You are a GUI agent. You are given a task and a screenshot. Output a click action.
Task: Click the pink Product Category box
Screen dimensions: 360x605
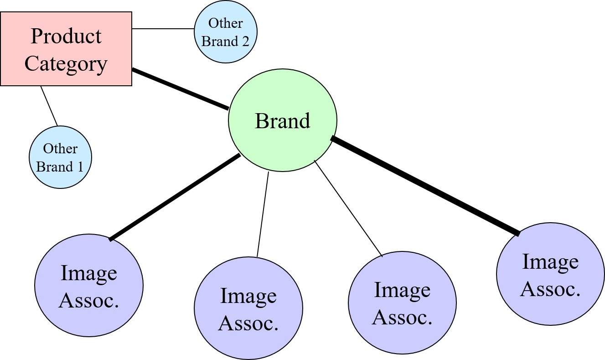[66, 49]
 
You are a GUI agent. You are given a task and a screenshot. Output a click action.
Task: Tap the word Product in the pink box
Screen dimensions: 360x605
[66, 36]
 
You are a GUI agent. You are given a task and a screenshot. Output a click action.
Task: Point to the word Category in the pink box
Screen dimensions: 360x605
[66, 64]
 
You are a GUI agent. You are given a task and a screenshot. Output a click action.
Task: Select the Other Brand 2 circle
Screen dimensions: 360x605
[226, 31]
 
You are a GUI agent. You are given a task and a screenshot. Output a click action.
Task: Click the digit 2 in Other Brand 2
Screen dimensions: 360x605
[246, 42]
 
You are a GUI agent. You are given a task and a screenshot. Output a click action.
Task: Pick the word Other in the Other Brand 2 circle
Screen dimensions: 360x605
[226, 23]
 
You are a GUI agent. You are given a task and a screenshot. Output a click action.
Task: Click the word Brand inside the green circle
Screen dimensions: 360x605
[283, 121]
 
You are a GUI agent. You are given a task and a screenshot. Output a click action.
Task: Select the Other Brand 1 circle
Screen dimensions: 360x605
[61, 157]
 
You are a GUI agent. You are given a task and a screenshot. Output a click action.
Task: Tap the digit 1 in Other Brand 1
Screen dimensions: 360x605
[80, 167]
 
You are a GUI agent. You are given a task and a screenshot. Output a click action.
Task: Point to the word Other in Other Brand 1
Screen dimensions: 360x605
[61, 149]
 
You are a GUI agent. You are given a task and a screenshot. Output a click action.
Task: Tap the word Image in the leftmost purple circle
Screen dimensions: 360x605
[89, 273]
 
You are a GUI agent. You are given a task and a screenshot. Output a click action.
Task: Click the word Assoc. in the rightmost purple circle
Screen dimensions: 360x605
[550, 289]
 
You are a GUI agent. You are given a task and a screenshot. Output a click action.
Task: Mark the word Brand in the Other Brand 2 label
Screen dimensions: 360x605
[219, 42]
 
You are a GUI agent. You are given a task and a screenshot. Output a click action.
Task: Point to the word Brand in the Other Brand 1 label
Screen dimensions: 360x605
[54, 167]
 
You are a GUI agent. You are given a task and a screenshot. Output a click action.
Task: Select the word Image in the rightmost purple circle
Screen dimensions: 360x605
[550, 262]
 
